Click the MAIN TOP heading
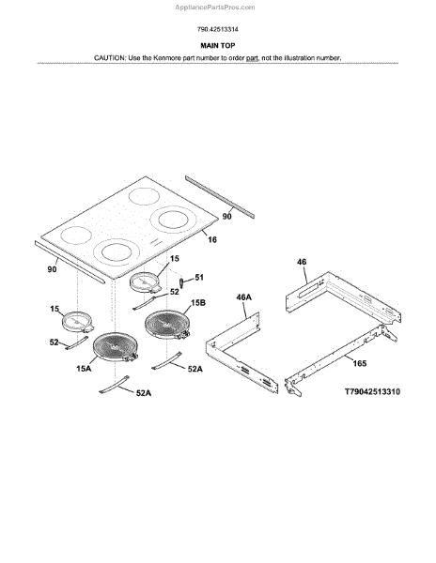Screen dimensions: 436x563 pos(217,46)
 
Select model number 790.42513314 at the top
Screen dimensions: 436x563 pos(217,29)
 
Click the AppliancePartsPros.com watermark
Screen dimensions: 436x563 pos(215,8)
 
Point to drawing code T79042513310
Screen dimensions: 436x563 pos(372,391)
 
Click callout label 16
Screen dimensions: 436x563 pos(212,239)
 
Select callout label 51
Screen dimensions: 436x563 pos(199,277)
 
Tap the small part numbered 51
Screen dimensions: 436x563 pos(182,282)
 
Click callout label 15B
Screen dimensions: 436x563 pos(198,303)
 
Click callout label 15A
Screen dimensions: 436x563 pos(84,369)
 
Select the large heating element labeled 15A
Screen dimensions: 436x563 pos(116,346)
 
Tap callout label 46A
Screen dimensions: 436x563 pos(243,297)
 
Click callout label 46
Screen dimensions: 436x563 pos(302,262)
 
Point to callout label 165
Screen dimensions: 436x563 pos(360,363)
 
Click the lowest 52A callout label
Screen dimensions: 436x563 pos(144,393)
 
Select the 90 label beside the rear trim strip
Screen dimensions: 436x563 pos(226,216)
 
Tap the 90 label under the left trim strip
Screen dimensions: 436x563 pos(52,269)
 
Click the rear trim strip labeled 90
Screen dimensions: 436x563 pos(220,197)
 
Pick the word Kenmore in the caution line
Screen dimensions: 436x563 pos(167,58)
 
